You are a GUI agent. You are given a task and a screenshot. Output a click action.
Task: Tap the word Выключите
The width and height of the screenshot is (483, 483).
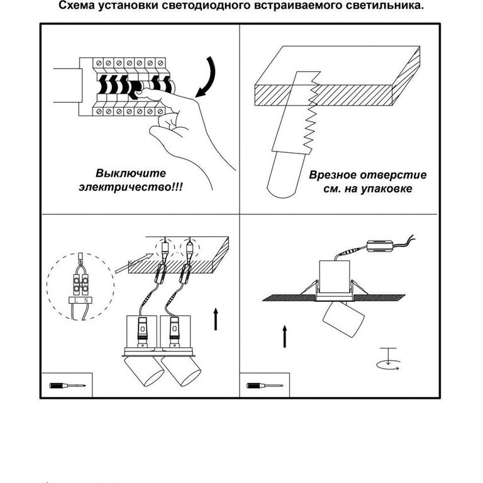[x=131, y=173]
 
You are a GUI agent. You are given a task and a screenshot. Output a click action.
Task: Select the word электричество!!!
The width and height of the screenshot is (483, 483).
[x=131, y=187]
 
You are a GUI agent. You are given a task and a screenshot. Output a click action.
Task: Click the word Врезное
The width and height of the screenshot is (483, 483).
[x=333, y=175]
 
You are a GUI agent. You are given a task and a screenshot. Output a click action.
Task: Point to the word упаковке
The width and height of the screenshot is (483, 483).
[x=386, y=189]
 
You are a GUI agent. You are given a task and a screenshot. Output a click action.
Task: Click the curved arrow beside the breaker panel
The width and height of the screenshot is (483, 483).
[x=208, y=77]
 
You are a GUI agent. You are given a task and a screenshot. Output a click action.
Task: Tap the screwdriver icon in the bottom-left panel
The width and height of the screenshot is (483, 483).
[x=67, y=386]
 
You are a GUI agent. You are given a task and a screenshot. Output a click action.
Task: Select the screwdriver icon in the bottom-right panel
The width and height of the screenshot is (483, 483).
[x=265, y=386]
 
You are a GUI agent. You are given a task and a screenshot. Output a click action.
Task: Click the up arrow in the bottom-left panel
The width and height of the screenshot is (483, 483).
[x=216, y=319]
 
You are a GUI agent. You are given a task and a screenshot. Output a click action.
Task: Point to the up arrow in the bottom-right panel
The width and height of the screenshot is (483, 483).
[x=285, y=336]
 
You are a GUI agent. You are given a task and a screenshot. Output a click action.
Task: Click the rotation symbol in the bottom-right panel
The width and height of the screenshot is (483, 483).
[x=389, y=360]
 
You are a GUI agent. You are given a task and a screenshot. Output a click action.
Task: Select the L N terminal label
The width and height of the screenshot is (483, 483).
[x=80, y=300]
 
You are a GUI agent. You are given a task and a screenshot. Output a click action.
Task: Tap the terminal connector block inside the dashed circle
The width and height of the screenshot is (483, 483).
[x=80, y=284]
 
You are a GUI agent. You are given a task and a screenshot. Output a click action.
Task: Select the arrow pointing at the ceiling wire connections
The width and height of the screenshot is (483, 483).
[x=135, y=263]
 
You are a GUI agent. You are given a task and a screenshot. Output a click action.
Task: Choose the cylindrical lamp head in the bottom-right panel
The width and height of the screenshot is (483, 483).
[x=343, y=318]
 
